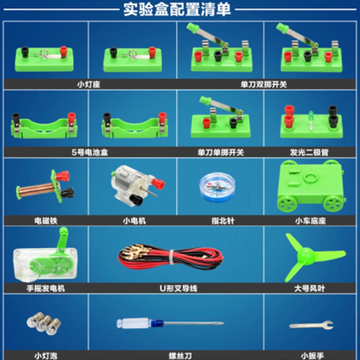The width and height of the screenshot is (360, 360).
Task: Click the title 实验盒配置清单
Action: (177, 9)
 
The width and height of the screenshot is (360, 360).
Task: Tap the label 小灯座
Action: (89, 85)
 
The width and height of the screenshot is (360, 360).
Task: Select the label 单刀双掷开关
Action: (264, 85)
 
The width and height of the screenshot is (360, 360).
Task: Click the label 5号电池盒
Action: (90, 152)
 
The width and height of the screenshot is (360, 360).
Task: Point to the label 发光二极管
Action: (309, 152)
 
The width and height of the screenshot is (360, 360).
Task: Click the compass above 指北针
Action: (217, 187)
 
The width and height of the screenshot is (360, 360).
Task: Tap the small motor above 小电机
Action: (137, 185)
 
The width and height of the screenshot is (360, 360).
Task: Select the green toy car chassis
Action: (311, 185)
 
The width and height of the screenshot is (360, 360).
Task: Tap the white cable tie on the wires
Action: (171, 257)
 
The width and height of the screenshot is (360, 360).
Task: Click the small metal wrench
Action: (311, 325)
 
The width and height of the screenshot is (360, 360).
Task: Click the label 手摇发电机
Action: (46, 288)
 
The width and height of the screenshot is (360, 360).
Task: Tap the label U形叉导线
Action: (178, 288)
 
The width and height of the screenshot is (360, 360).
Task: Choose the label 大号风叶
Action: (310, 288)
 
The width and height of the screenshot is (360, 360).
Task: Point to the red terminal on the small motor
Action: (158, 183)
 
